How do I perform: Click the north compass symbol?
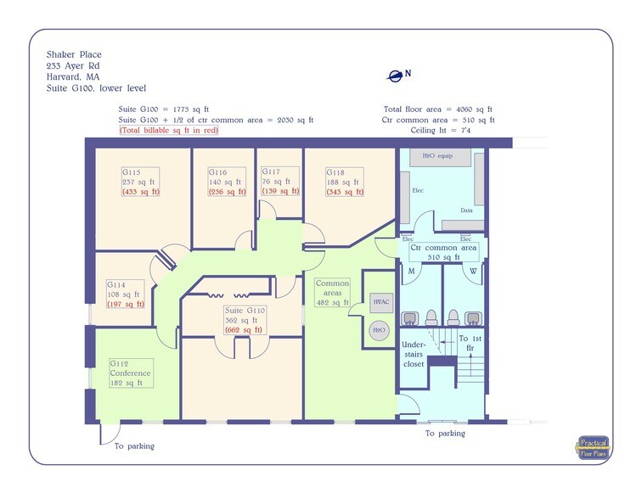pos(395,76)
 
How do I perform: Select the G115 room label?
pos(131,171)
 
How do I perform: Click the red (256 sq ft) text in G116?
pos(227,192)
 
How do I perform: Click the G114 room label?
pos(116,284)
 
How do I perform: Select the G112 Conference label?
pos(130,373)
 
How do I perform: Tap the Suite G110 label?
pos(245,310)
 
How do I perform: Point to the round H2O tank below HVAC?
pos(380,331)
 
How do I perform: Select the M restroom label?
pos(412,272)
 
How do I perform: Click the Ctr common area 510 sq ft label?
pos(443,252)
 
